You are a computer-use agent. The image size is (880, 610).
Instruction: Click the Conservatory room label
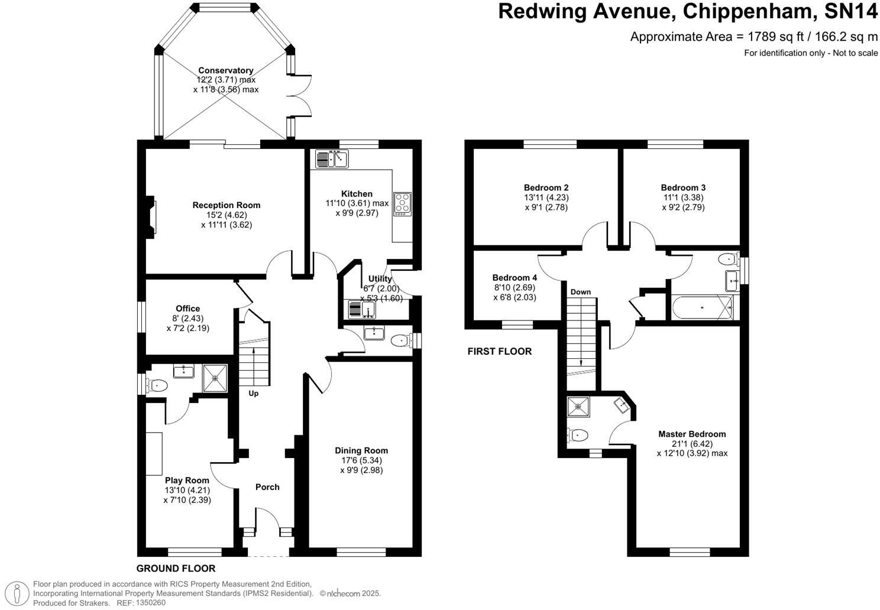[225, 70]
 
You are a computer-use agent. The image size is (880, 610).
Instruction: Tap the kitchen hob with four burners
[403, 204]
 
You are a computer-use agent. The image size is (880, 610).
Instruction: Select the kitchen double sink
[332, 159]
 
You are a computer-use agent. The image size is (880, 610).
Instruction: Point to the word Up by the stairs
[253, 394]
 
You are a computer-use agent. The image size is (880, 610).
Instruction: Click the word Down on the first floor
[580, 292]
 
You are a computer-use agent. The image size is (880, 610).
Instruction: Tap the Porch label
[267, 487]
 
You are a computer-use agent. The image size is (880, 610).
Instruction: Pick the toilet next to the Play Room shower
[157, 385]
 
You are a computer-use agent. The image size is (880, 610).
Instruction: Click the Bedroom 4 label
[515, 278]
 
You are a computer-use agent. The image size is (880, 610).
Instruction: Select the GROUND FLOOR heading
[176, 569]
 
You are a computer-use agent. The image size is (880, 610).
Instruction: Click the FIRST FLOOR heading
[499, 352]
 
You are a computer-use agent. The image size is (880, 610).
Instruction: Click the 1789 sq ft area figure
[771, 37]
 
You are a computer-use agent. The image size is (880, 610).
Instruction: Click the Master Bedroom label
[691, 434]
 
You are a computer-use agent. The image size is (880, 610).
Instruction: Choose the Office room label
[187, 309]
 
